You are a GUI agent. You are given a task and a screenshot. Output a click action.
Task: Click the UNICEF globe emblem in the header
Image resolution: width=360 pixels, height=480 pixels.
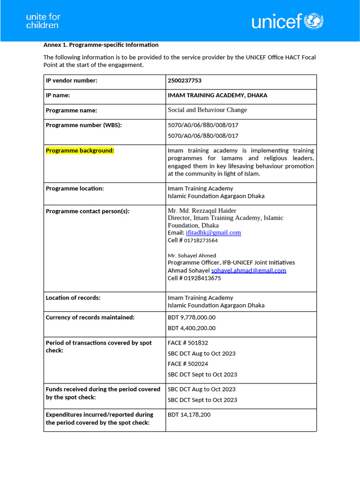[314, 21]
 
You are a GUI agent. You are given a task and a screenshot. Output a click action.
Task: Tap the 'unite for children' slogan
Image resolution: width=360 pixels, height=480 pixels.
[43, 21]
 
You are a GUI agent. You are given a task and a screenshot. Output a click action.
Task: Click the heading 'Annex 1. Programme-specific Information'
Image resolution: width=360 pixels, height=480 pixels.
[101, 45]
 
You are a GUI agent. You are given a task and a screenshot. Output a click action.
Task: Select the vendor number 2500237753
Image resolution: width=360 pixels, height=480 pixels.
[185, 81]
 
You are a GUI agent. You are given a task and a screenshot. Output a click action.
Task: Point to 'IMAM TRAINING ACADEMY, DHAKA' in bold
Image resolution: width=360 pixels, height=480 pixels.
[217, 95]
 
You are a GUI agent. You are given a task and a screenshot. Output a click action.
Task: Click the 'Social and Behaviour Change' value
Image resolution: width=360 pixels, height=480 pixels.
[207, 110]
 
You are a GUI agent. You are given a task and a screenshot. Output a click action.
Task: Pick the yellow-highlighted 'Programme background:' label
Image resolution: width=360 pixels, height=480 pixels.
[80, 150]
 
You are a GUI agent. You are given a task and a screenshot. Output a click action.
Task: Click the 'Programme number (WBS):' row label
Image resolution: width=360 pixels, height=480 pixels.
[83, 125]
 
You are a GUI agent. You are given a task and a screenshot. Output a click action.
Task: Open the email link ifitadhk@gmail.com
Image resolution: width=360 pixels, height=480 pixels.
[213, 232]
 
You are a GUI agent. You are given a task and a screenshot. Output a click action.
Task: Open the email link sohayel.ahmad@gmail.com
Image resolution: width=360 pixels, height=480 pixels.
[248, 270]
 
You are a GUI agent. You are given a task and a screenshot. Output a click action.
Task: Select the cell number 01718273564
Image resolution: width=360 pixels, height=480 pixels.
[201, 240]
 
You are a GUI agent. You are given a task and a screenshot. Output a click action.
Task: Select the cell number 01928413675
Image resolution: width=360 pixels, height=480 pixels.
[201, 278]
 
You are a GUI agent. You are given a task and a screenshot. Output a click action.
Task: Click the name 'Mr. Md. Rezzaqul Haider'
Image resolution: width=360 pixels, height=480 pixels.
[202, 210]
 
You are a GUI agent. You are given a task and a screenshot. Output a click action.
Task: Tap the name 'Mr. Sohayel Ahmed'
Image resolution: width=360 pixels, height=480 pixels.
[192, 255]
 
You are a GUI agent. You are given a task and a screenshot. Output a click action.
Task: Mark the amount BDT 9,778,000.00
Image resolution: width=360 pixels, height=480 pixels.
[192, 317]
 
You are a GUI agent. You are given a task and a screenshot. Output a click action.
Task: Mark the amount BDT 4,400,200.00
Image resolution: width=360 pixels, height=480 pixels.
[192, 328]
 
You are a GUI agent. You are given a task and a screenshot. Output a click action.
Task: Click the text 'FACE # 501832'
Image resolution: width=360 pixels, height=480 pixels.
[188, 343]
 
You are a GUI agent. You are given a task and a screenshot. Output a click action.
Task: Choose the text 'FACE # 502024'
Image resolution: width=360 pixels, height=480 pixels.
[188, 364]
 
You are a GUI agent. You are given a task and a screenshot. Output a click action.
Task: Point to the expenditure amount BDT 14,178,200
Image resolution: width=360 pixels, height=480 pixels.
[189, 415]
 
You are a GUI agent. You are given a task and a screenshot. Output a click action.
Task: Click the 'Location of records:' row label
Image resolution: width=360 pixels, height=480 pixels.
[73, 298]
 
